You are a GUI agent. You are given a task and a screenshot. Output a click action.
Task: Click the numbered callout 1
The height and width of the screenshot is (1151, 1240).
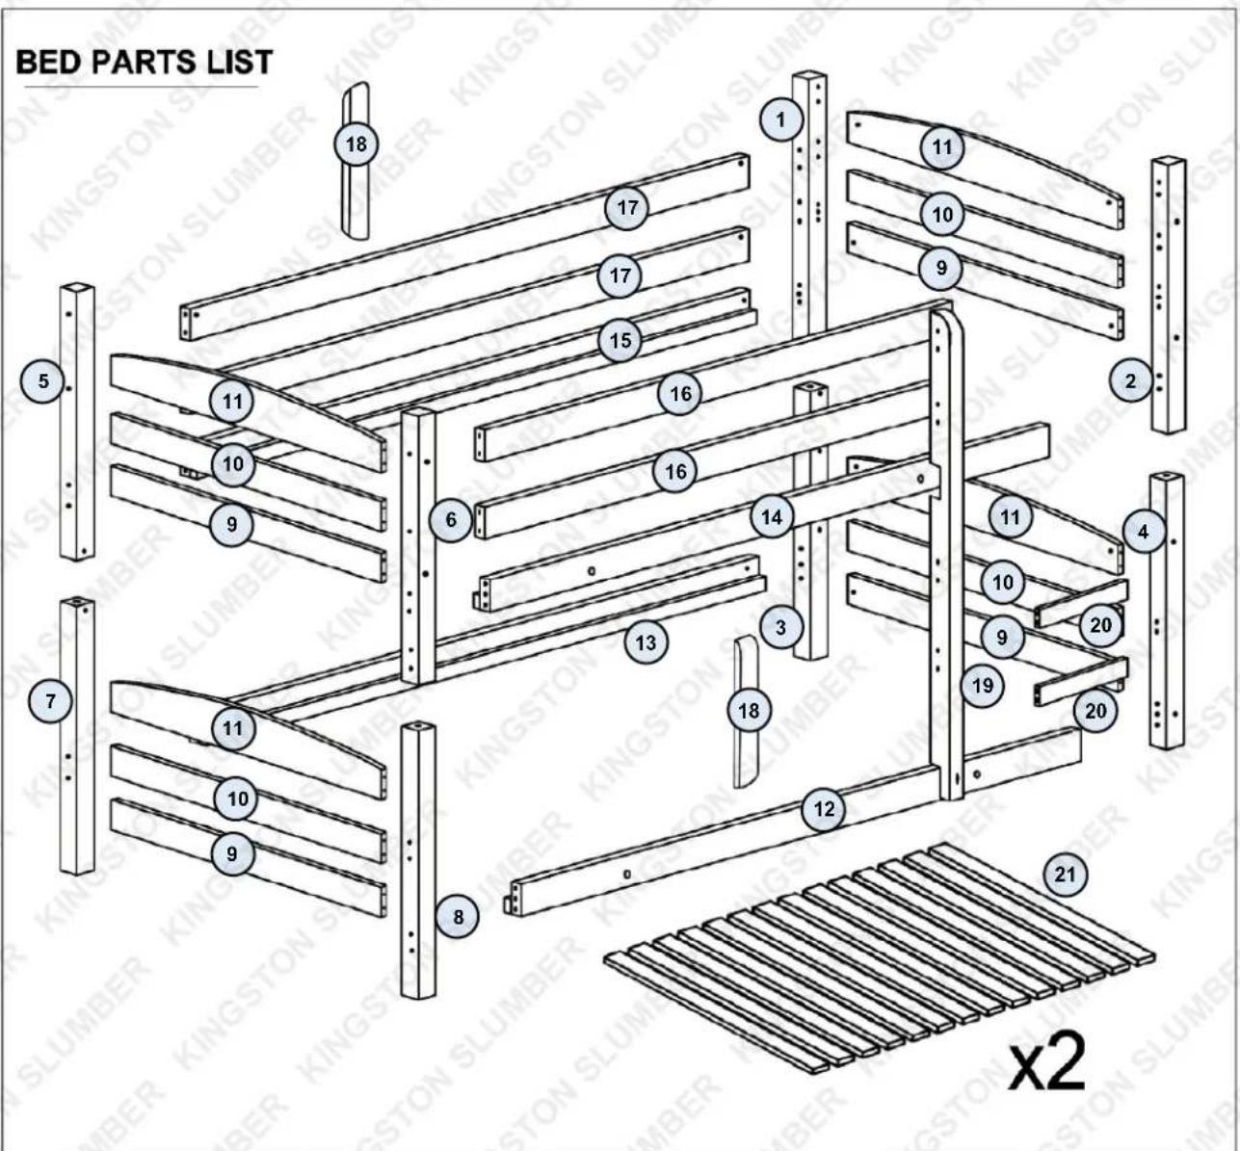click(x=781, y=119)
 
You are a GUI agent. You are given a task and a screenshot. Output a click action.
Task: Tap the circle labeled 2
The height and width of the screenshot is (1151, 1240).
click(x=1131, y=380)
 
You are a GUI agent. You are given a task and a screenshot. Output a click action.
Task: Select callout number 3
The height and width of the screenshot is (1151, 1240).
click(x=781, y=627)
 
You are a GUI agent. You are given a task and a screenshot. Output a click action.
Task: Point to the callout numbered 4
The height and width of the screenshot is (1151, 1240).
click(x=1144, y=532)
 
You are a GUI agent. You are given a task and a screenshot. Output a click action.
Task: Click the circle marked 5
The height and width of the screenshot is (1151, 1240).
click(x=42, y=380)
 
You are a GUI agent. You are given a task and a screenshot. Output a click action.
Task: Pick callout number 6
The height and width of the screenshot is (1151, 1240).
click(x=451, y=519)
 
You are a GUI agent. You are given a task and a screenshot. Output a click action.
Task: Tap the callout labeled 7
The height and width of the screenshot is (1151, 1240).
click(x=50, y=700)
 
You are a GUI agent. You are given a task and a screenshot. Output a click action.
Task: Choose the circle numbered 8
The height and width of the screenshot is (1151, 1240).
click(x=458, y=917)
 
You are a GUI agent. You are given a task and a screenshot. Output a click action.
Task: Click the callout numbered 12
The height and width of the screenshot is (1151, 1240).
click(x=824, y=809)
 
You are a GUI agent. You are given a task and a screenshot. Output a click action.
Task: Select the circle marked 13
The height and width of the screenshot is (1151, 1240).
click(x=646, y=641)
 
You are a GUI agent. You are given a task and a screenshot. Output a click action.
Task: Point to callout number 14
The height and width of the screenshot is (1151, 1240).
click(x=773, y=517)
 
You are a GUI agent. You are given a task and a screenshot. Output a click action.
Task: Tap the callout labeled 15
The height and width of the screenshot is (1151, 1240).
click(x=620, y=341)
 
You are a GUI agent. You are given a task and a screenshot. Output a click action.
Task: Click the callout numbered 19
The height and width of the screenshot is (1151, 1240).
click(x=982, y=686)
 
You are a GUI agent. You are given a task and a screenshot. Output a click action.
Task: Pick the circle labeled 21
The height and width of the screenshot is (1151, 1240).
click(x=1065, y=875)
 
